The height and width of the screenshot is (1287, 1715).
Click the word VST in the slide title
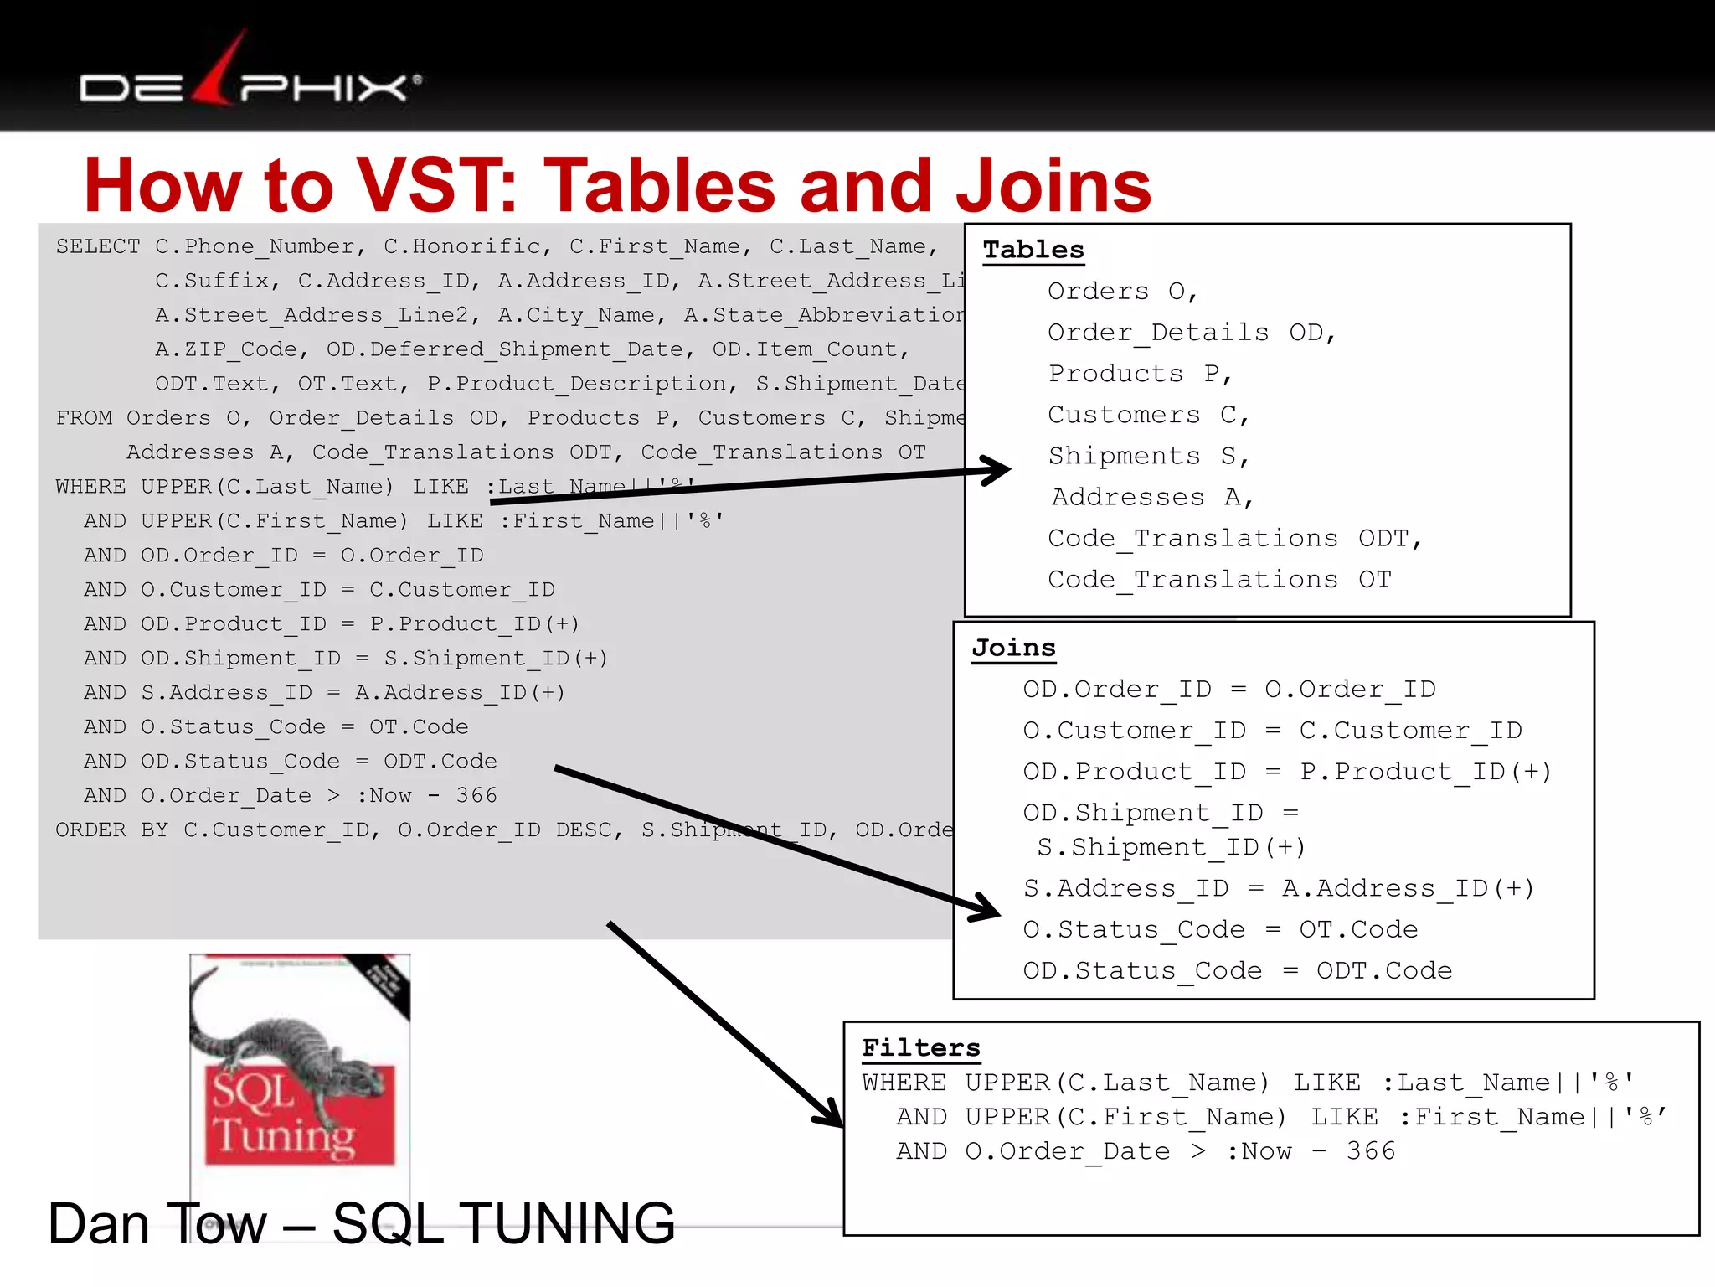(x=436, y=186)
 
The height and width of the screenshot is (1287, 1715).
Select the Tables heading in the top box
(x=1033, y=250)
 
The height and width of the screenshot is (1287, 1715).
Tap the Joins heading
(x=1013, y=648)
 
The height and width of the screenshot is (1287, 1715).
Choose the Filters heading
(x=920, y=1047)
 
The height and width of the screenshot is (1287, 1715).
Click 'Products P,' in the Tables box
(x=1140, y=374)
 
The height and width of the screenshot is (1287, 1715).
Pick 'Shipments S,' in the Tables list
(x=1148, y=456)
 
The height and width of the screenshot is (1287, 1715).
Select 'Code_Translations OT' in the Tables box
(x=1218, y=579)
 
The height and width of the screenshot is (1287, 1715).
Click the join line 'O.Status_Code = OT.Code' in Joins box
(x=1220, y=929)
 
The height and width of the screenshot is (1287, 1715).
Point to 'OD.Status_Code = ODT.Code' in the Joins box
(x=1237, y=970)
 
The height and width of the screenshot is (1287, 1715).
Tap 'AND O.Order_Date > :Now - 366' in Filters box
(x=1146, y=1151)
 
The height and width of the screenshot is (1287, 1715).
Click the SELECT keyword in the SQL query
(x=98, y=246)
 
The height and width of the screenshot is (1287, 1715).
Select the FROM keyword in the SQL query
(x=83, y=418)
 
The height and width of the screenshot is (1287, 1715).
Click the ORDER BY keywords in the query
(x=112, y=830)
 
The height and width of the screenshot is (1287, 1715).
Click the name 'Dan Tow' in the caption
(x=157, y=1224)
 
